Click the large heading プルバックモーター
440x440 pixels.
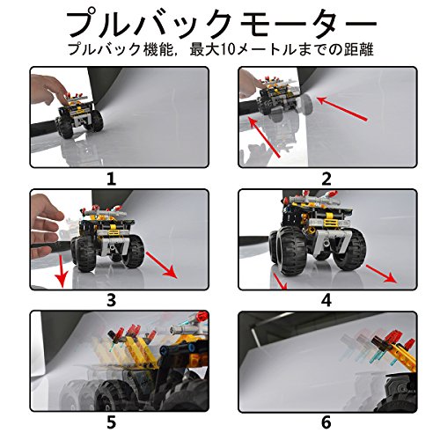[222, 24]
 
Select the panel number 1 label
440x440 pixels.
[111, 180]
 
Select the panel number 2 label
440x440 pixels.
[326, 180]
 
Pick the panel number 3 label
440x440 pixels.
[111, 300]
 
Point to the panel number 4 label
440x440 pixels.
[326, 300]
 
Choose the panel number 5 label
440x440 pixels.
[111, 422]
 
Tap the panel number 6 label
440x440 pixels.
[326, 422]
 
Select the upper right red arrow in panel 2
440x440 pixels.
[341, 108]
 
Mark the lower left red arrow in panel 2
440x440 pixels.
[264, 137]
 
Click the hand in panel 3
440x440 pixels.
[46, 226]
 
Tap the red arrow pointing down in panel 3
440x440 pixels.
[62, 271]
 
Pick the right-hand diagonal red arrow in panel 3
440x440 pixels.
[161, 265]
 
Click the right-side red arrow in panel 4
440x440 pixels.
[382, 274]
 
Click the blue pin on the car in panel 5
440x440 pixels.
[191, 348]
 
